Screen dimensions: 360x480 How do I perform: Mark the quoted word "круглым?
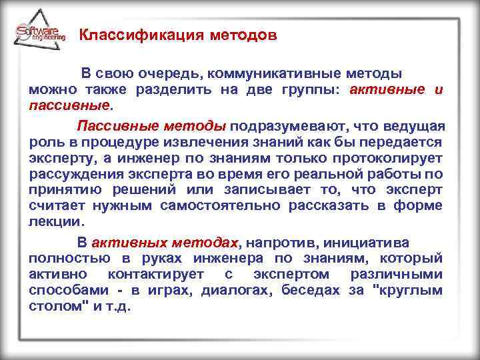pos(407,291)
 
